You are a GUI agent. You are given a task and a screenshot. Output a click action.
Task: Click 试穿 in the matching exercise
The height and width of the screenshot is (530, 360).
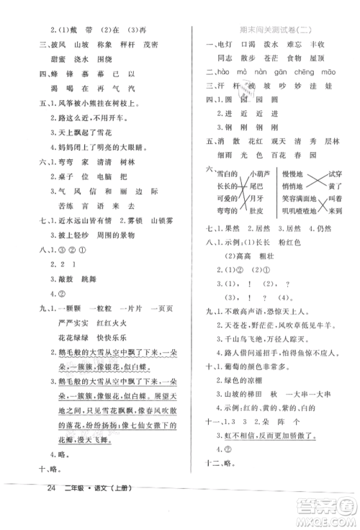click(333, 175)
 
